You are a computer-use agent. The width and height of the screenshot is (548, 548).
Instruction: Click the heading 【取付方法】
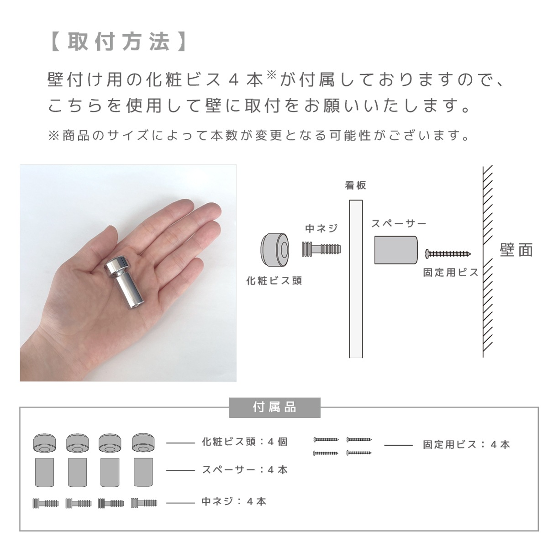coord(117,42)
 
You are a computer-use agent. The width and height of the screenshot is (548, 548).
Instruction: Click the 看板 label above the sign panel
coord(356,185)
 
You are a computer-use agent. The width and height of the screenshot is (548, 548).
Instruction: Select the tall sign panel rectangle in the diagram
coord(356,279)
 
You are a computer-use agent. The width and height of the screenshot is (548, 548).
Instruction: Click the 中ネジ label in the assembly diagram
coord(321,228)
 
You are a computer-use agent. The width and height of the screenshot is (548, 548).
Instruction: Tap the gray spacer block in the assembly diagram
coord(396,250)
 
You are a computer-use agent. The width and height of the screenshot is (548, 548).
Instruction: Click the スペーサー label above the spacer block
coord(398,223)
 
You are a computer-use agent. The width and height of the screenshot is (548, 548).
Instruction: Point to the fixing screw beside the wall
coord(448,253)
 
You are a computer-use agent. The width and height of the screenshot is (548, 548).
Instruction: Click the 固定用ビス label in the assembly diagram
coord(450,273)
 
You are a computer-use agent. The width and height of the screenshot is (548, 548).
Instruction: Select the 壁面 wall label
coord(516,249)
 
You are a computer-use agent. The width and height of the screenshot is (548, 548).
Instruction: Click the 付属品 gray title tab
coord(274,407)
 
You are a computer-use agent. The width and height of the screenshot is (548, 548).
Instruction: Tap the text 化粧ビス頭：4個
coord(245,442)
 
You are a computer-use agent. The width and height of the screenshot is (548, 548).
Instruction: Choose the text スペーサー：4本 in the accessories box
coord(245,470)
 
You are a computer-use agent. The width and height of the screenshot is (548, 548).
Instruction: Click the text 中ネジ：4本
coord(234,501)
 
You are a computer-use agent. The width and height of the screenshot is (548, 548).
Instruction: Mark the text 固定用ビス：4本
coord(466,444)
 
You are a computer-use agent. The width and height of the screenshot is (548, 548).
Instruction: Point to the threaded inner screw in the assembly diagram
coord(321,249)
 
